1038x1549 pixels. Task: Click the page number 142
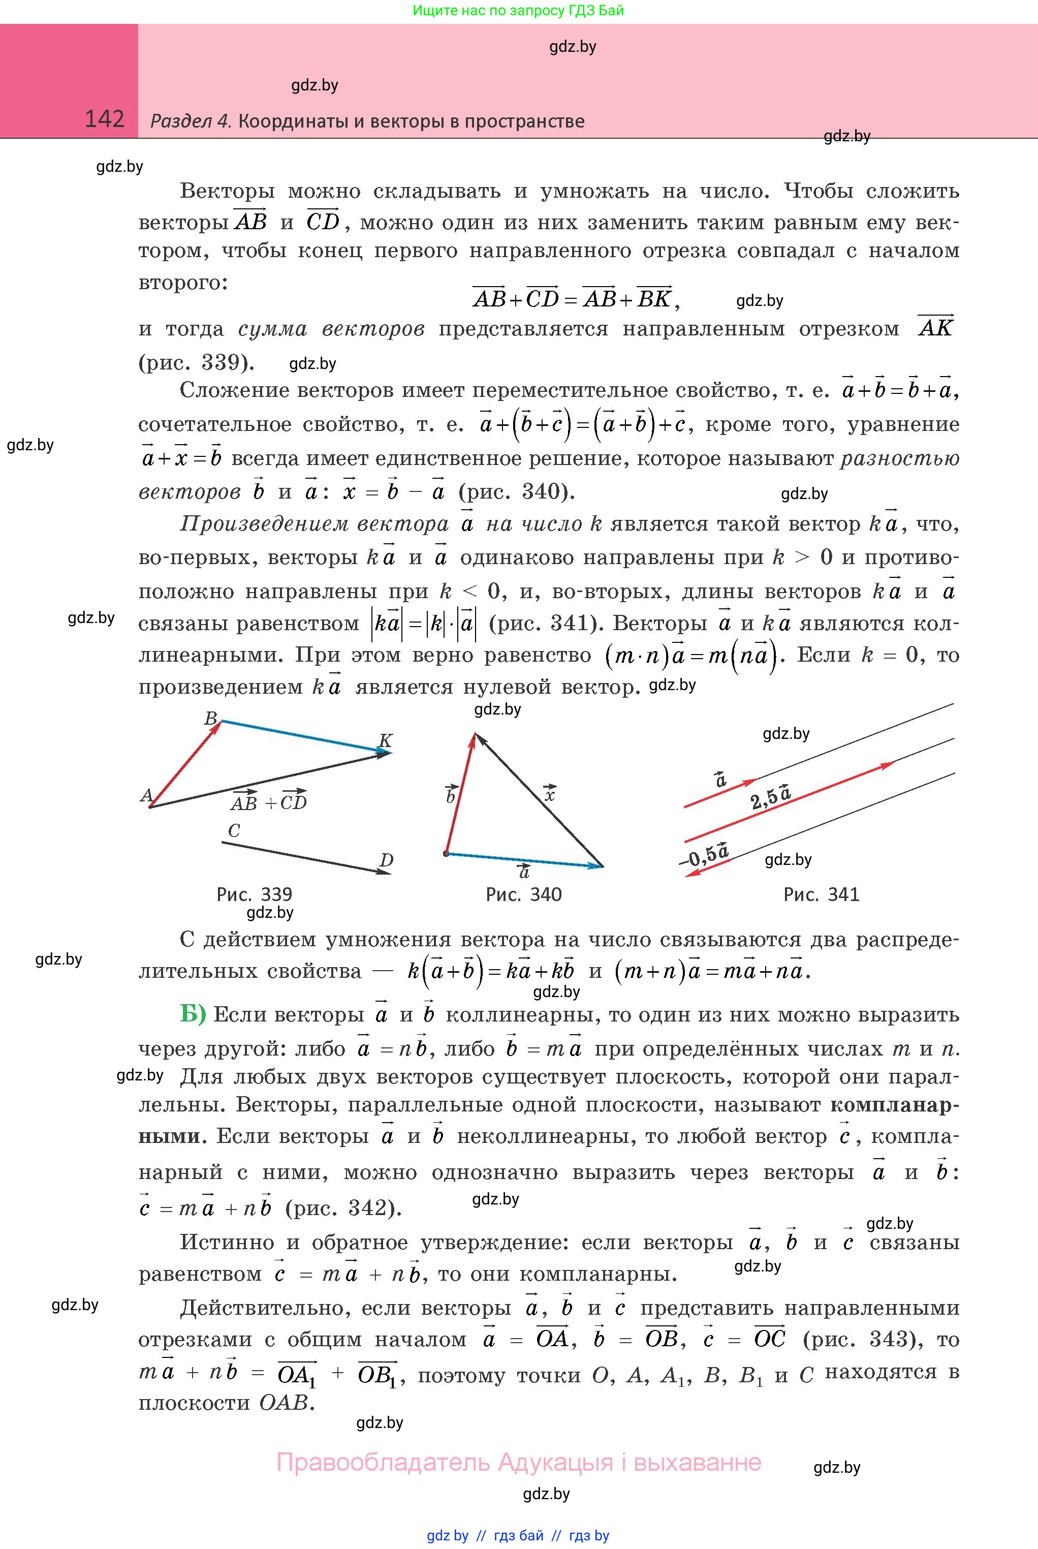pyautogui.click(x=105, y=119)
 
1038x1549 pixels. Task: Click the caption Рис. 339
pyautogui.click(x=254, y=894)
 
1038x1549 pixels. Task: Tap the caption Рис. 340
pyautogui.click(x=524, y=894)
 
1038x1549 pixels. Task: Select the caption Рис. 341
pyautogui.click(x=821, y=894)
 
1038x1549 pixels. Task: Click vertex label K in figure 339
pyautogui.click(x=385, y=740)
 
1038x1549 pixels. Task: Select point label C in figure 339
pyautogui.click(x=233, y=831)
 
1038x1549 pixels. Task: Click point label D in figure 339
pyautogui.click(x=386, y=860)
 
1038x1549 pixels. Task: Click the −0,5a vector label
pyautogui.click(x=704, y=855)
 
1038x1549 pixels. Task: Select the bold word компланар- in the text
pyautogui.click(x=894, y=1105)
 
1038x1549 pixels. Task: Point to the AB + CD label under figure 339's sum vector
pyautogui.click(x=269, y=801)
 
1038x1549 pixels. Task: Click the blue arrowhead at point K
pyautogui.click(x=384, y=751)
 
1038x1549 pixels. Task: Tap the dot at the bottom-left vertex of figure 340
pyautogui.click(x=446, y=854)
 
